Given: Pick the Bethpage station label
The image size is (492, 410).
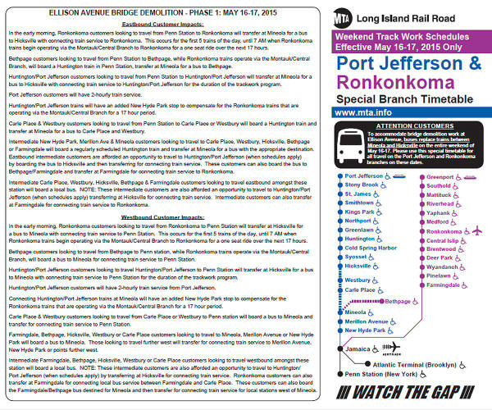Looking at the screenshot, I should tap(396, 302).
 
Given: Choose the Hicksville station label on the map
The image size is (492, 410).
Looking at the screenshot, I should tap(358, 266).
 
